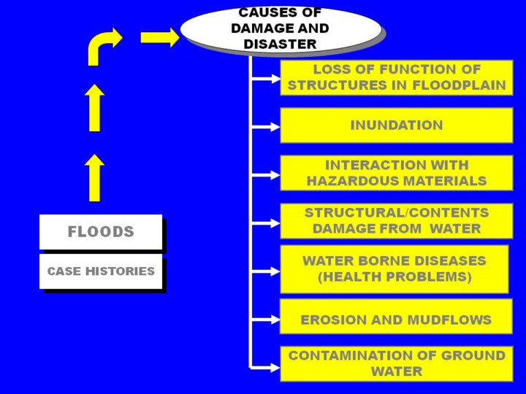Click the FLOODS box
click(101, 232)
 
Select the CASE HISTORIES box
click(101, 271)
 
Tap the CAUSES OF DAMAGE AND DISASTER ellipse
click(281, 29)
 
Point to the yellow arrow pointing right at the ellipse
click(159, 37)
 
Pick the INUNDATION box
click(396, 125)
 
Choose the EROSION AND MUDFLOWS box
click(396, 320)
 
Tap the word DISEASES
click(447, 260)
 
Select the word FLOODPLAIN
click(460, 85)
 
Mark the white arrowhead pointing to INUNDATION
click(274, 126)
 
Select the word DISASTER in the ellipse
click(281, 45)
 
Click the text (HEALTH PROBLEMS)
click(394, 277)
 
